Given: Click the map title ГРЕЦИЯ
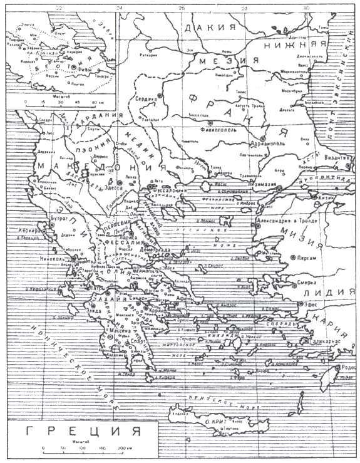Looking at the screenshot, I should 79,433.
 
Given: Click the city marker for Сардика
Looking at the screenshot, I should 160,98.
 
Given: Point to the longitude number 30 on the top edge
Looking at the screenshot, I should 306,8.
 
